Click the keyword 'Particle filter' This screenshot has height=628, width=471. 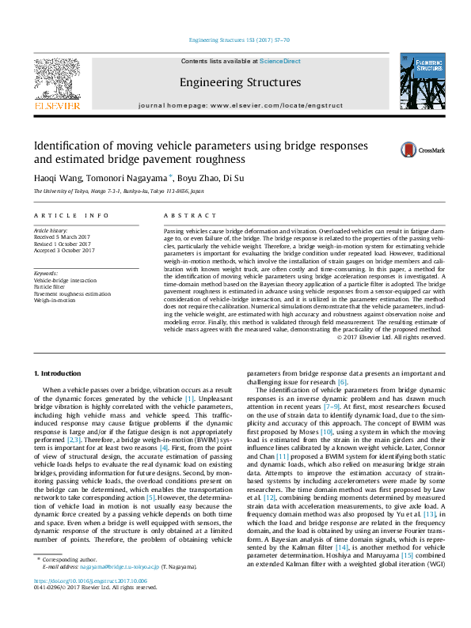click(49, 286)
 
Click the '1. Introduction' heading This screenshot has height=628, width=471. click(59, 372)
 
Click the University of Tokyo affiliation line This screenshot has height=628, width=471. click(118, 191)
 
